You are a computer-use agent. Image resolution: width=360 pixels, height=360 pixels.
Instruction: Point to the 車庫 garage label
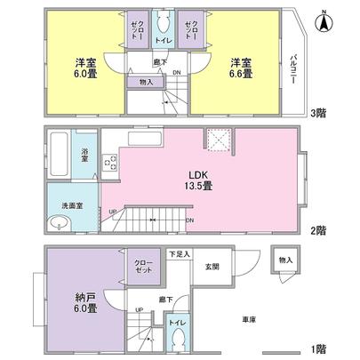tap(250, 318)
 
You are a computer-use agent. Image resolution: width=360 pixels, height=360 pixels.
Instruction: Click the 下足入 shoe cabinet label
tap(180, 254)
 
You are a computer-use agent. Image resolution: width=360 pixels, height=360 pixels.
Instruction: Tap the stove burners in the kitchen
tap(110, 164)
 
